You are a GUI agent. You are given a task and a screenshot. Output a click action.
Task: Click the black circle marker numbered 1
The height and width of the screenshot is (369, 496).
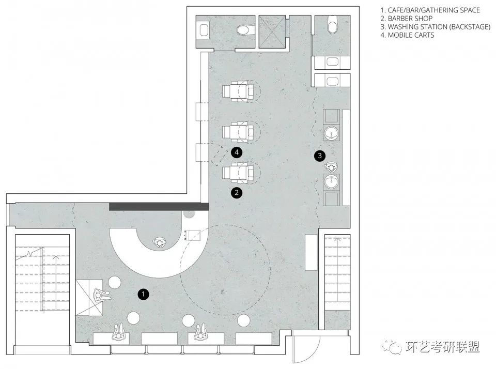(143, 294)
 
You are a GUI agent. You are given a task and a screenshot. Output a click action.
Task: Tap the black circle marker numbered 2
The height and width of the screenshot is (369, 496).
(237, 192)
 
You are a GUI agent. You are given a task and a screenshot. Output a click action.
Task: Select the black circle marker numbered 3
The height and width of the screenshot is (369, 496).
(319, 156)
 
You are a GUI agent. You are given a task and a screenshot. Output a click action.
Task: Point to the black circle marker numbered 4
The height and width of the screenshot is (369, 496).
(237, 152)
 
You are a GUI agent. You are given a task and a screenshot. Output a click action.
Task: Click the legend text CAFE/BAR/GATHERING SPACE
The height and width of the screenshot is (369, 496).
(433, 10)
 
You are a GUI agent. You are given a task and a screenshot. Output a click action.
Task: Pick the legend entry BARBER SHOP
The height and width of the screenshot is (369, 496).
(410, 19)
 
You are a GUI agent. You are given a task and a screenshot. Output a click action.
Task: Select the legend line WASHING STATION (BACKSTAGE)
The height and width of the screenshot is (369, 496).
(439, 26)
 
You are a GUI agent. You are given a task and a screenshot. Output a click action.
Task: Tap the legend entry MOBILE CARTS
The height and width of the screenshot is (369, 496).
(411, 35)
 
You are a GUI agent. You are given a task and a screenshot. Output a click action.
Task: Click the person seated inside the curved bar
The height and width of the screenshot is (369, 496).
(160, 243)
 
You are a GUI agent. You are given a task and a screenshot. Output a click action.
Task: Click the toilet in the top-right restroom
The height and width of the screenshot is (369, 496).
(332, 25)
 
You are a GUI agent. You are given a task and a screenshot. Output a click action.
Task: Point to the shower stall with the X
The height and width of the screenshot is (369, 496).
(272, 32)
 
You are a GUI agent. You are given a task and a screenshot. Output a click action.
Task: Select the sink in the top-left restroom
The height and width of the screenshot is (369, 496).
(204, 29)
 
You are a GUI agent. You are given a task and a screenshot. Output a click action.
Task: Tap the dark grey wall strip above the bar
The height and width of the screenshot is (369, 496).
(159, 207)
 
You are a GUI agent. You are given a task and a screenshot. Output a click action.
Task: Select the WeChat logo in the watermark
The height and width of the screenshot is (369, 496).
(392, 346)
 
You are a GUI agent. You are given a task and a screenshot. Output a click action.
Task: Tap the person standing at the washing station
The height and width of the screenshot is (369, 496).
(331, 167)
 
